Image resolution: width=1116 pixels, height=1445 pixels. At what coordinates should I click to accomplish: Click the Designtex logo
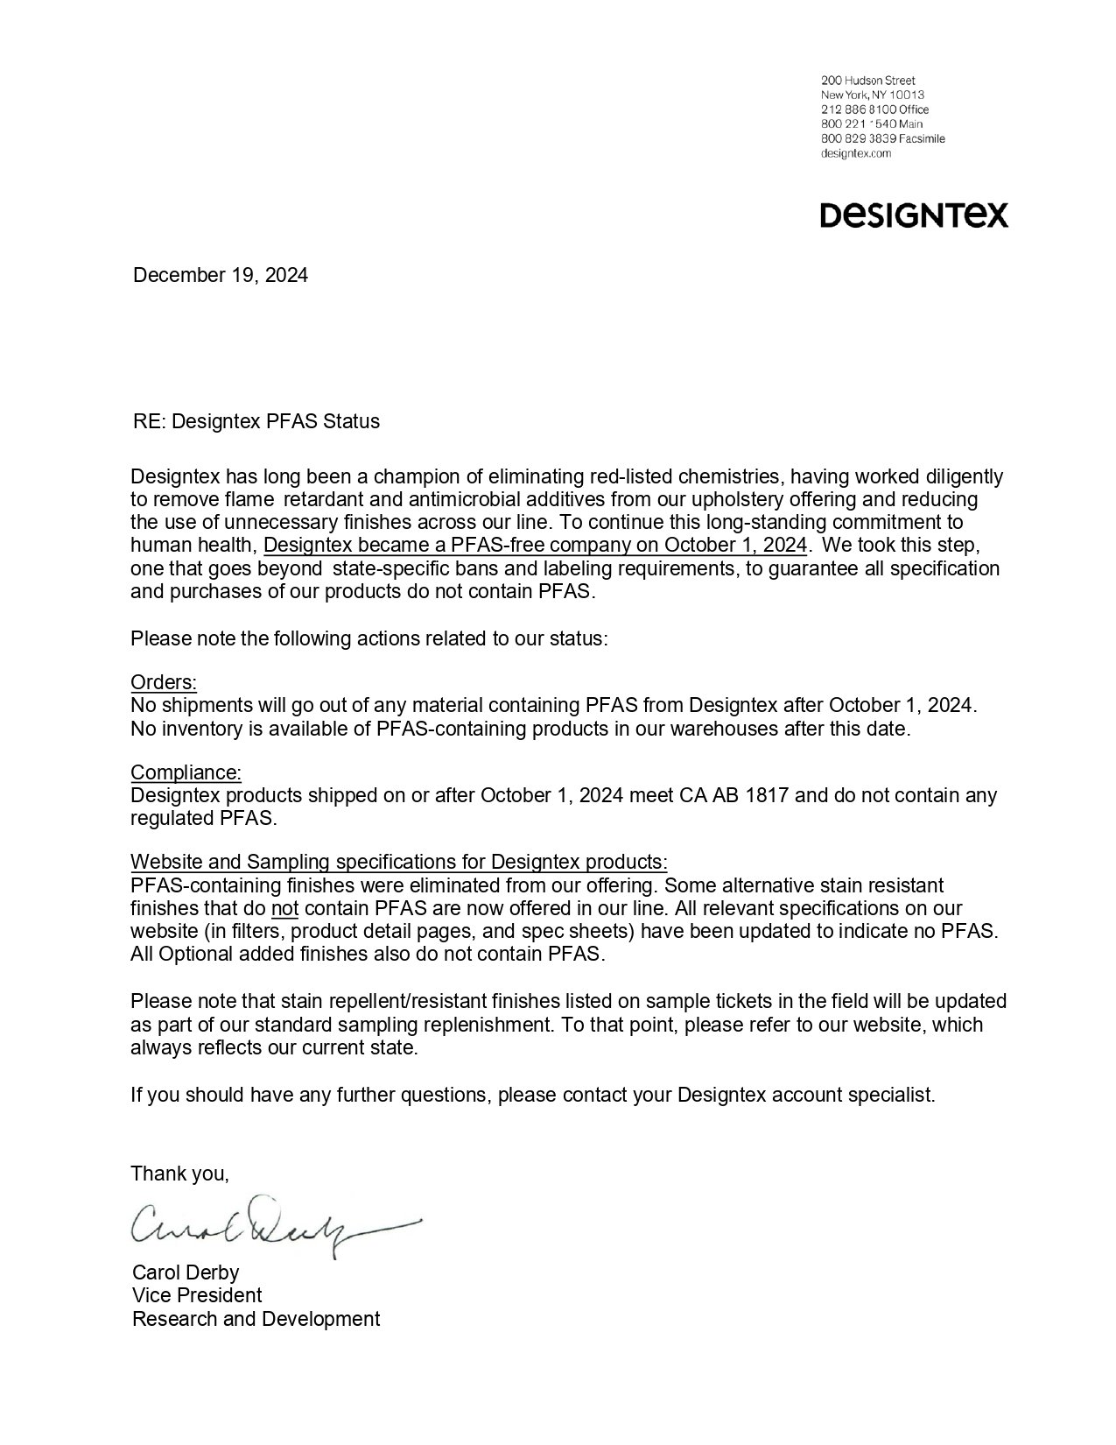[x=914, y=215]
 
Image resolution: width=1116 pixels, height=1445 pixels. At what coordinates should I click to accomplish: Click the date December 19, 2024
[x=220, y=275]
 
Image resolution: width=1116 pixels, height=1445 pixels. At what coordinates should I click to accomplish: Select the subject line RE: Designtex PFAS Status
[x=256, y=421]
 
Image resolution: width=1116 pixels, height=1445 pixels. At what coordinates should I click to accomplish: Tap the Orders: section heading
[x=164, y=682]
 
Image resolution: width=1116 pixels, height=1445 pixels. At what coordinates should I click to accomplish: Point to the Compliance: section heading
[x=186, y=772]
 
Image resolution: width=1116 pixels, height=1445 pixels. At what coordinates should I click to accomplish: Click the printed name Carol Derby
[x=186, y=1272]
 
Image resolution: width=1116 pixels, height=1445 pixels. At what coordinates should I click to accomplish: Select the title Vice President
[x=197, y=1295]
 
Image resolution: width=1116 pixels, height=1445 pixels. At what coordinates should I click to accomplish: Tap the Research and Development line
[x=256, y=1319]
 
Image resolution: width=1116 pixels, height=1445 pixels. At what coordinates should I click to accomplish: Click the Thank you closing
[x=179, y=1174]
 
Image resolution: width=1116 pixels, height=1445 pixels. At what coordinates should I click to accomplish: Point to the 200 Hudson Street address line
[x=867, y=81]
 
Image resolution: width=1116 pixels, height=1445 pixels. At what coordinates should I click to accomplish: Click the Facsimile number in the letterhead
[x=882, y=138]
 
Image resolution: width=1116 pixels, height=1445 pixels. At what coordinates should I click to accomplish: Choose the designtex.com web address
[x=856, y=153]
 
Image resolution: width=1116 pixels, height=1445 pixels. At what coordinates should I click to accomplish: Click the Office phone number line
[x=874, y=109]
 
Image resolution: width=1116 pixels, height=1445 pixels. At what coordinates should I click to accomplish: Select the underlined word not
[x=285, y=908]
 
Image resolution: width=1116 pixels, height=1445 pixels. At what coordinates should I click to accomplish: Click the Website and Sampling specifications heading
[x=399, y=862]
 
